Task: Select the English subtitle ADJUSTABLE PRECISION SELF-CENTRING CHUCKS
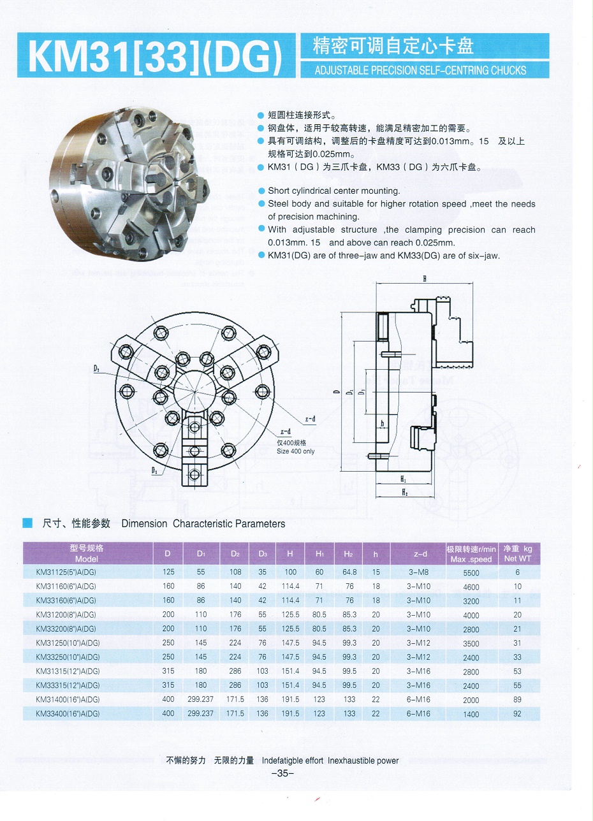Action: (420, 70)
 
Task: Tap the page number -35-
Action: (282, 774)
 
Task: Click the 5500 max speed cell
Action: (471, 572)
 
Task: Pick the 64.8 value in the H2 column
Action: (349, 572)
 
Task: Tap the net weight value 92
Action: (517, 713)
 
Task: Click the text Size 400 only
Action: (295, 451)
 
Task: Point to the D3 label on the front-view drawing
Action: (156, 470)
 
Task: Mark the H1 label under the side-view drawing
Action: (404, 478)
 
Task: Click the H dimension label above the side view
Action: (424, 279)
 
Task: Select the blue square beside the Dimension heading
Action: (27, 523)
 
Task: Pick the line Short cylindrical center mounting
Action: (333, 191)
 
